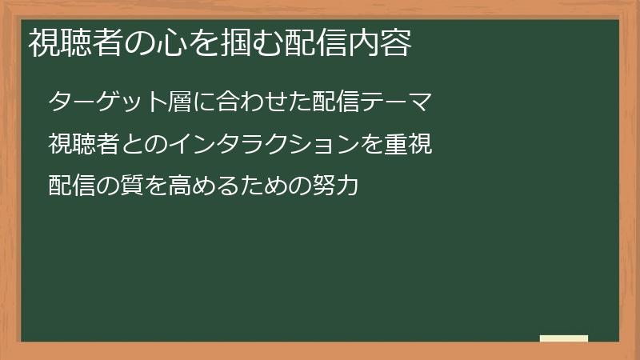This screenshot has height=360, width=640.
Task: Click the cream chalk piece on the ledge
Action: point(564,338)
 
